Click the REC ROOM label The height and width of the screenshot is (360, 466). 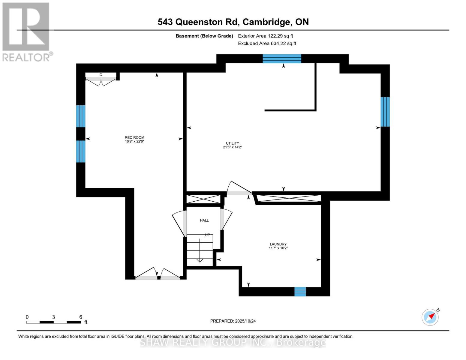134,137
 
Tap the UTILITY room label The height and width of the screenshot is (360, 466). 233,143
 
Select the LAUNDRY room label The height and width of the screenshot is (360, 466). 278,244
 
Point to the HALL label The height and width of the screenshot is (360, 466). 204,220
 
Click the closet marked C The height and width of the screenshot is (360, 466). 101,75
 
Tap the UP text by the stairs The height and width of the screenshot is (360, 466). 207,235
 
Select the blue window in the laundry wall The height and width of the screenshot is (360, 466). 300,292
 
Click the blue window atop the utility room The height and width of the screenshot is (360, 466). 282,59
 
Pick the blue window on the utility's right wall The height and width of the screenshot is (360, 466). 385,112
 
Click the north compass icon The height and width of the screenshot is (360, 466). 430,317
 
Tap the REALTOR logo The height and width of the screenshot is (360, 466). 26,31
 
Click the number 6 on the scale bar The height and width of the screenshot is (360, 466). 81,317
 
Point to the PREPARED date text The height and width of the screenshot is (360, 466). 233,321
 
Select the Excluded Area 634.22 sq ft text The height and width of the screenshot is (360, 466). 267,43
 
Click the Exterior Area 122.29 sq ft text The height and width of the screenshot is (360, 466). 265,36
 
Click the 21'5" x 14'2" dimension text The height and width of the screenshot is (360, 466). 233,147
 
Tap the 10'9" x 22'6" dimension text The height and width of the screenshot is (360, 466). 134,141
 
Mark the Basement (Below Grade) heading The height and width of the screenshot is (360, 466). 204,36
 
